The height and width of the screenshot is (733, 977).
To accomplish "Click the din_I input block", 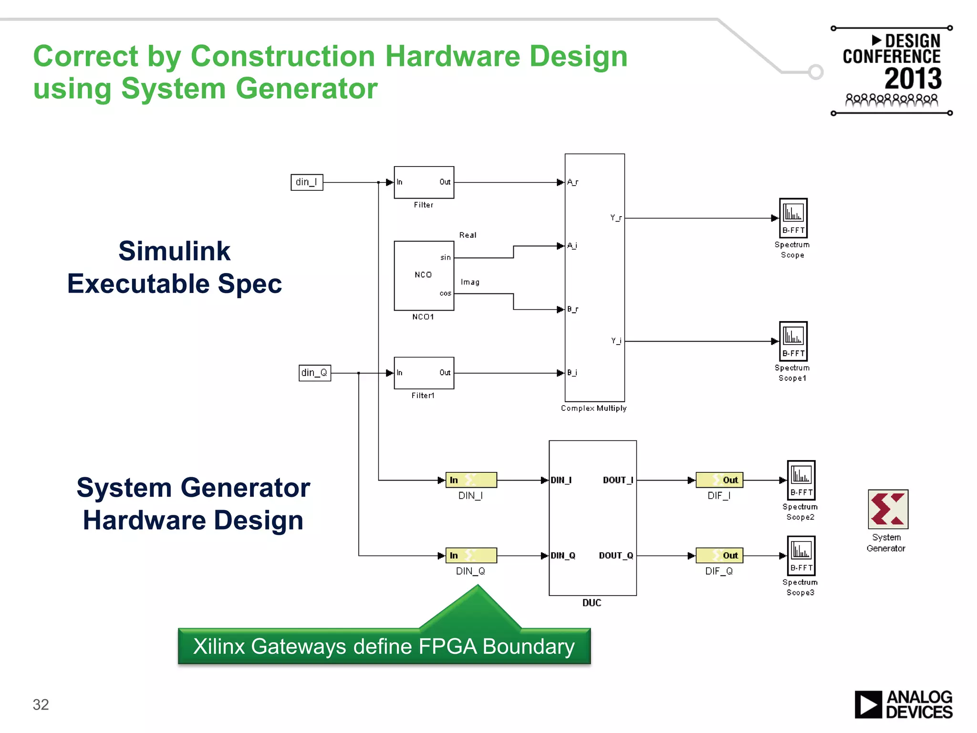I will click(307, 182).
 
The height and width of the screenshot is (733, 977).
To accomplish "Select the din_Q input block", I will click(314, 373).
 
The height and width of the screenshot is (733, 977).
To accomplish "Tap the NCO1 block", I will click(424, 275).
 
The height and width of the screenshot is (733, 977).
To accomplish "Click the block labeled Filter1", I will click(424, 373).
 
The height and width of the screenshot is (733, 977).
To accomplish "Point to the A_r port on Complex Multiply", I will click(572, 182).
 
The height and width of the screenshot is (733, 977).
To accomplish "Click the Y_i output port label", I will click(616, 341).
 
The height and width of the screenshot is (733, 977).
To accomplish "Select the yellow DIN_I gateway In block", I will click(471, 480).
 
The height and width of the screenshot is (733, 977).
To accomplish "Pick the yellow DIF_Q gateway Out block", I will click(719, 555).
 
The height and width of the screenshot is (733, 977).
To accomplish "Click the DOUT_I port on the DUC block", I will click(618, 480).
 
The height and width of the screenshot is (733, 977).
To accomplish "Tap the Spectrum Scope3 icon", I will click(800, 555).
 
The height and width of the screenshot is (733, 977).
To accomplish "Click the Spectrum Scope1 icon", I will click(793, 341).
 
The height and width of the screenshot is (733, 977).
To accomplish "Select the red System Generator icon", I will click(887, 509).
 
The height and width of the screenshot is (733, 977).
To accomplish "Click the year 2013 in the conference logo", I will click(913, 79).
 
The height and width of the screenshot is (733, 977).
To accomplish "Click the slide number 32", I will click(41, 704).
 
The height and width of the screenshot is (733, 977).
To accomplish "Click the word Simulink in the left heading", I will click(174, 251).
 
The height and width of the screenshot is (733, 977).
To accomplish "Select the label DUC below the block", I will click(592, 603).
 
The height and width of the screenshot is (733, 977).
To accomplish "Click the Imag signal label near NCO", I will click(470, 282).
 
